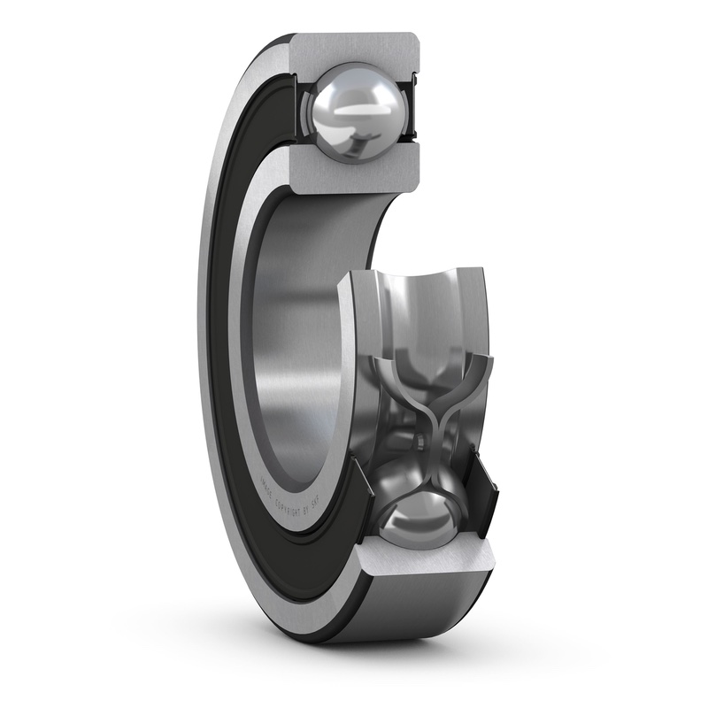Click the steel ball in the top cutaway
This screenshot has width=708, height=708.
(355, 111)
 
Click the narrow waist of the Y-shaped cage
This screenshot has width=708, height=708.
(428, 425)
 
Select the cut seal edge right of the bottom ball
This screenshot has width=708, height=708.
(482, 491)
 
